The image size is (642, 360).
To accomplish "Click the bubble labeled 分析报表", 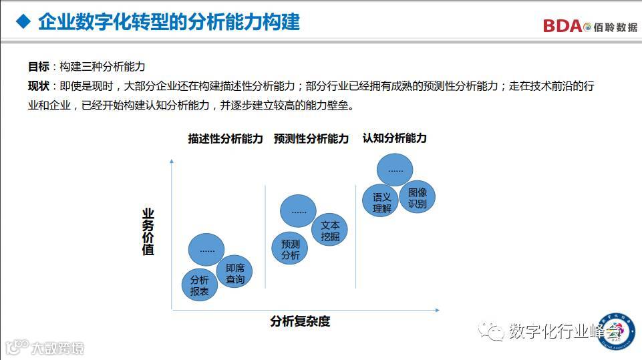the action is [200, 285].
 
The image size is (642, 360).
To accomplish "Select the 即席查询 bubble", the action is [235, 273].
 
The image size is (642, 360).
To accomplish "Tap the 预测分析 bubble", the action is [290, 249].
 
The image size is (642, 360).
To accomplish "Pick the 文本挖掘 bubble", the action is [329, 230].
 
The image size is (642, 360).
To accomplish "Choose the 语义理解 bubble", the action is [381, 202].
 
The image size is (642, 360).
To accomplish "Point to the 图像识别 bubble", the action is [417, 198].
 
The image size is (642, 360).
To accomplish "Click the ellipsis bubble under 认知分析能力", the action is [395, 170].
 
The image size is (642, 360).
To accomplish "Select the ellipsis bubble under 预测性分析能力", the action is [299, 211].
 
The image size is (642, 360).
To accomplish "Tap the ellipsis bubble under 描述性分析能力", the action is [207, 250].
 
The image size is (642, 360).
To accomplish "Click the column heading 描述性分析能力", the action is [225, 139].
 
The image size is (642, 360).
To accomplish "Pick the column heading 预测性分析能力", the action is [311, 139].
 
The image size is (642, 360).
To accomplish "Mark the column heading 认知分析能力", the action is [394, 138].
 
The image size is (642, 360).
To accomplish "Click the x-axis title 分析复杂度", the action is [300, 321].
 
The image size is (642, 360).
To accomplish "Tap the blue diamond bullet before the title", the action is [23, 22].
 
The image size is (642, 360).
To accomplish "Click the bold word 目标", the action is [38, 66].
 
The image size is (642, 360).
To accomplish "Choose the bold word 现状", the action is [38, 86].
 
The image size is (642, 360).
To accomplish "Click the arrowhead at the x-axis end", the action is [437, 310].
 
